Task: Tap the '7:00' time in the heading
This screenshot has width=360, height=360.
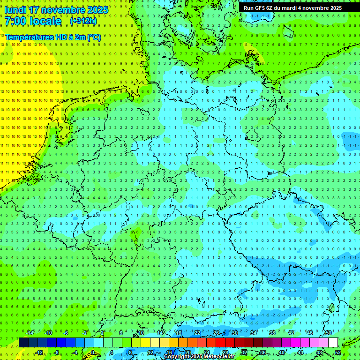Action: [16, 21]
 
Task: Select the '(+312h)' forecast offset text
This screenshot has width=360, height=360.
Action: [83, 21]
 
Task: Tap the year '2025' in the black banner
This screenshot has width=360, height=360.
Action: [332, 8]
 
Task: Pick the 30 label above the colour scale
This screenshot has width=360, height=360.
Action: [234, 333]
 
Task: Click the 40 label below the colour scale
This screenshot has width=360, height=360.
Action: [282, 352]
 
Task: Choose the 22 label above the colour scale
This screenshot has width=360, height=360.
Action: [197, 333]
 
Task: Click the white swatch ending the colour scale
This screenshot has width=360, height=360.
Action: [333, 343]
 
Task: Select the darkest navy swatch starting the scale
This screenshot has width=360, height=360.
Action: [23, 343]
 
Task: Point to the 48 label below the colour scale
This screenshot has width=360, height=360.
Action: [319, 352]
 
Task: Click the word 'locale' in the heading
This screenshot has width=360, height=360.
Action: [44, 21]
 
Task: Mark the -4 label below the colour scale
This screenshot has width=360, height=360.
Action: [75, 352]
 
